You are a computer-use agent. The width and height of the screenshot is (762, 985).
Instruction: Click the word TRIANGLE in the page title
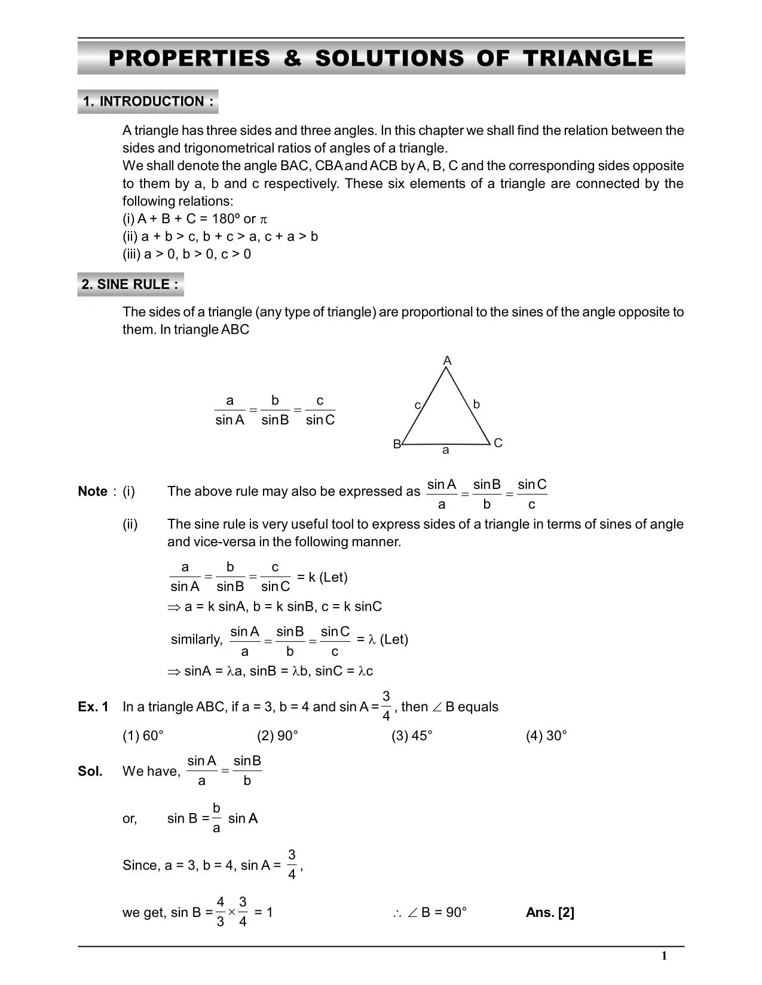pyautogui.click(x=587, y=58)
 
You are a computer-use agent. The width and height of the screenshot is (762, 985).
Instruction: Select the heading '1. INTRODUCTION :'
pyautogui.click(x=148, y=101)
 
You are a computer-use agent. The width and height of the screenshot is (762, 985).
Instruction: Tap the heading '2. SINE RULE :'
pyautogui.click(x=130, y=284)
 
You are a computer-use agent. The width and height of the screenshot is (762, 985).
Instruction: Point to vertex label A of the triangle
pyautogui.click(x=447, y=361)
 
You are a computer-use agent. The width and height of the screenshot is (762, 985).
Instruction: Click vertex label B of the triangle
pyautogui.click(x=397, y=444)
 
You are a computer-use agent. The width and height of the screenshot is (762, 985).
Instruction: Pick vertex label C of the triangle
pyautogui.click(x=498, y=443)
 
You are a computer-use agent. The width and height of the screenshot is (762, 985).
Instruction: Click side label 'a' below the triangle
pyautogui.click(x=445, y=451)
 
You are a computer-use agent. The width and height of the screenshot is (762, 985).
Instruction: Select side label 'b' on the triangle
pyautogui.click(x=476, y=404)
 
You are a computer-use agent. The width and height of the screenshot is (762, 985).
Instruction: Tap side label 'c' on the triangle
pyautogui.click(x=418, y=405)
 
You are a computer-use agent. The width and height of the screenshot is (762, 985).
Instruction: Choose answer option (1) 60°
pyautogui.click(x=143, y=735)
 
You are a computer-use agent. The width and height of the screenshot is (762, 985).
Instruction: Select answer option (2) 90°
pyautogui.click(x=277, y=735)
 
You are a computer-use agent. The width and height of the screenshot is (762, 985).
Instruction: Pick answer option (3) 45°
pyautogui.click(x=412, y=735)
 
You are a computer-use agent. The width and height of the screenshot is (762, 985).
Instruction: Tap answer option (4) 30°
pyautogui.click(x=546, y=735)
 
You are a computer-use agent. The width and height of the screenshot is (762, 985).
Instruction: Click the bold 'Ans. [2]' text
pyautogui.click(x=550, y=912)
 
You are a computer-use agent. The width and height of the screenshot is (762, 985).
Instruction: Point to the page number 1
pyautogui.click(x=664, y=956)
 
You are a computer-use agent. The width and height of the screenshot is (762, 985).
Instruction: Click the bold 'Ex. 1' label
pyautogui.click(x=93, y=707)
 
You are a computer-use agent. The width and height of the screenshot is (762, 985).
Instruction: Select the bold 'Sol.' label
pyautogui.click(x=90, y=771)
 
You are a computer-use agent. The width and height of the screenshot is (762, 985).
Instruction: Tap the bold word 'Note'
pyautogui.click(x=93, y=491)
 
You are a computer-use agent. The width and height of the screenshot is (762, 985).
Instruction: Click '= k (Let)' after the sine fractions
pyautogui.click(x=322, y=577)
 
